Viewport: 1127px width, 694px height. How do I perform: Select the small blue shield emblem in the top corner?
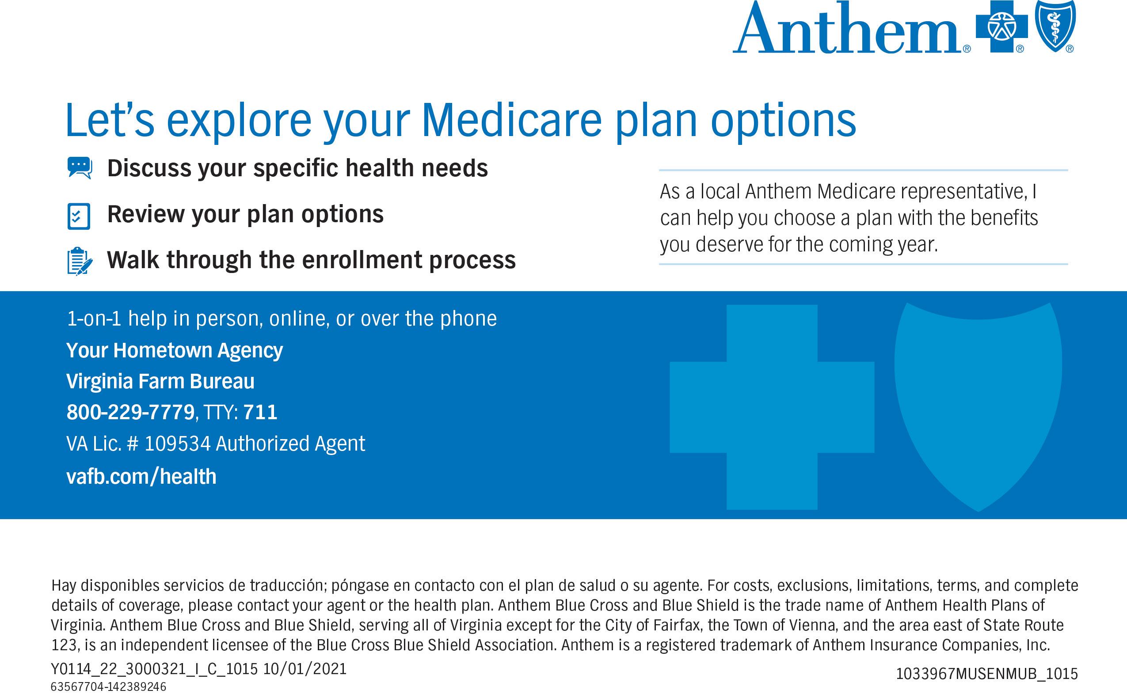click(1055, 26)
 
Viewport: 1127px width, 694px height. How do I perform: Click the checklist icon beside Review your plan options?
click(79, 216)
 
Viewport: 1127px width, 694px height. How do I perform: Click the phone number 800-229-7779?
click(131, 412)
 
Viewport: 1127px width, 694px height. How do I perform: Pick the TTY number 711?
click(260, 412)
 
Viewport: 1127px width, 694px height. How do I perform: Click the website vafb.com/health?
click(141, 477)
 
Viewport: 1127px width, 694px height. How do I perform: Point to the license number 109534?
click(178, 444)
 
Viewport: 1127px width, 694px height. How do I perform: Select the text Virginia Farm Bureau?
click(160, 381)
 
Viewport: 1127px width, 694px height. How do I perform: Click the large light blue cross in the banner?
click(772, 407)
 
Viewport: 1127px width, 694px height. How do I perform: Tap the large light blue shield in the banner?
click(978, 407)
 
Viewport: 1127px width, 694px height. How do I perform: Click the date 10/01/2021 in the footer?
click(305, 669)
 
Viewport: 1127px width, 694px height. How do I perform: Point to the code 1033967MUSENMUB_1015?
click(987, 673)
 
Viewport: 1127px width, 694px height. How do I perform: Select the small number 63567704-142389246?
click(108, 686)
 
